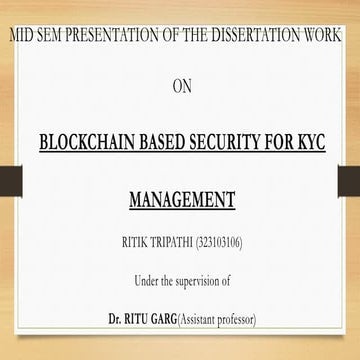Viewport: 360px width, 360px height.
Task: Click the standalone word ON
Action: coord(181,86)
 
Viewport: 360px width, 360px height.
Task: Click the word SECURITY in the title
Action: coord(243,141)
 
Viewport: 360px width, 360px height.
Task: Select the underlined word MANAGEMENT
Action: coord(182,199)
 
